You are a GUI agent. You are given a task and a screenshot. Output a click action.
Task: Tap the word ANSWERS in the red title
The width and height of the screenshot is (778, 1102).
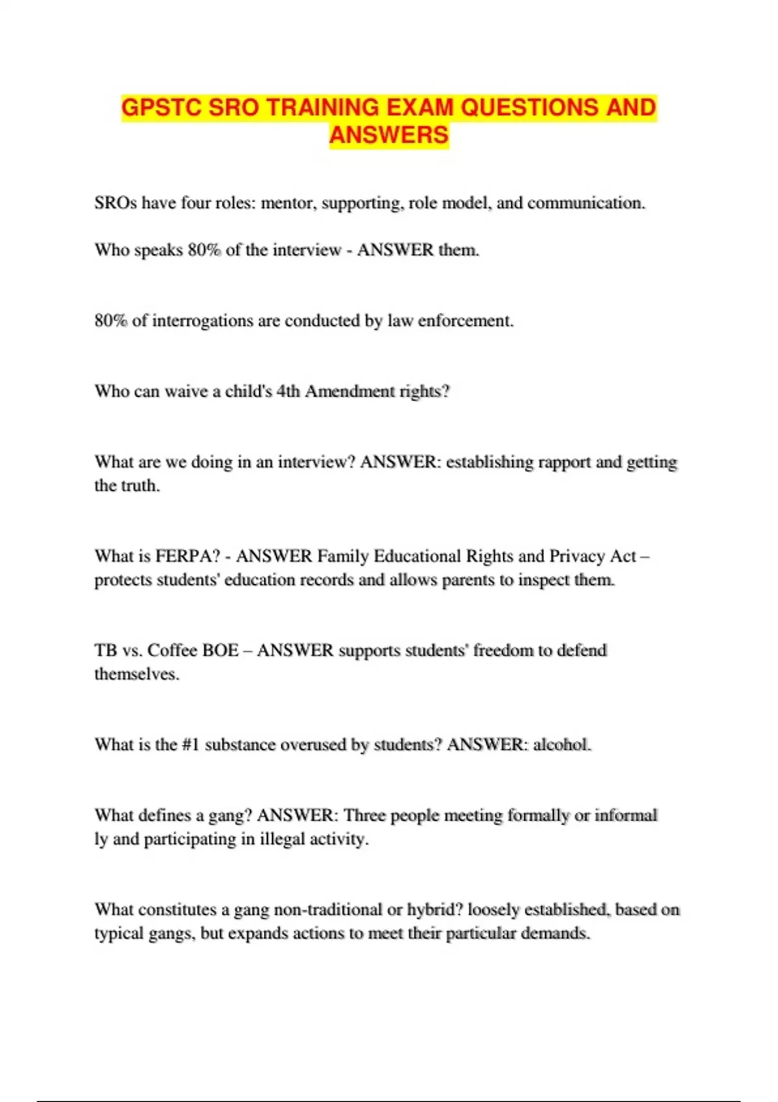pos(389,135)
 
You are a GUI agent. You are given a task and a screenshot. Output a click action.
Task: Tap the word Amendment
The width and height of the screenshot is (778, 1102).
pos(349,392)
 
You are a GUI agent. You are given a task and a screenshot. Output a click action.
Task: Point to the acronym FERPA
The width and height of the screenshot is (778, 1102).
pos(187,556)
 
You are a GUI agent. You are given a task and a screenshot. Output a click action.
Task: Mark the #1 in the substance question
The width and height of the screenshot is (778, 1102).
pos(191,744)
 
